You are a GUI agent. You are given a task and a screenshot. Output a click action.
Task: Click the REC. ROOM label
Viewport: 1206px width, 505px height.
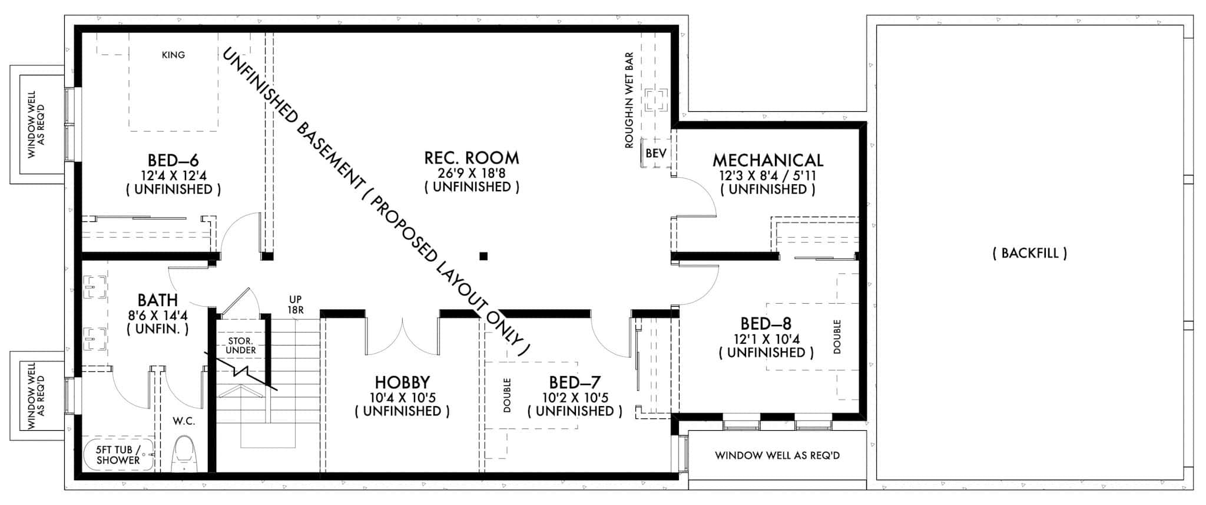[x=472, y=158]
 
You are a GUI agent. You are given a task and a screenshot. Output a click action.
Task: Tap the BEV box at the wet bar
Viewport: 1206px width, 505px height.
[x=655, y=154]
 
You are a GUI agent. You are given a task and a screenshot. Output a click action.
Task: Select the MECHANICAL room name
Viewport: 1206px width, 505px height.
[x=768, y=160]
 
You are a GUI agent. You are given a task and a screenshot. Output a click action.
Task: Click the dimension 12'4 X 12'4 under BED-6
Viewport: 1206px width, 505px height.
[x=174, y=175]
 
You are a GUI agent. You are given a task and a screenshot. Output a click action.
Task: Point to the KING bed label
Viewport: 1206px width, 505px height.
[x=173, y=55]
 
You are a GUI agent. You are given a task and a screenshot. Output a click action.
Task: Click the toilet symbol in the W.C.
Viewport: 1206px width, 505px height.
[x=184, y=453]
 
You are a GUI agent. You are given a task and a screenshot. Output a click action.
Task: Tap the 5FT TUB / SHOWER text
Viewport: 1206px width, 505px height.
[x=118, y=455]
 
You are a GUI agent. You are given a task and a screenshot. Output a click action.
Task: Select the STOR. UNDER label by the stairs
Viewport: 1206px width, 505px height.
[x=241, y=345]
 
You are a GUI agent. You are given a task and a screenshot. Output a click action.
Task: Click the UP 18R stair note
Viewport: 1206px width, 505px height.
[x=296, y=304]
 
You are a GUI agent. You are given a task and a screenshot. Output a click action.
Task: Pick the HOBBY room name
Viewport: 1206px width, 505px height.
[x=402, y=383]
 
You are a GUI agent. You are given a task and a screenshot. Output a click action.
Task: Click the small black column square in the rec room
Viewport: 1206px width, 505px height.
[x=483, y=256]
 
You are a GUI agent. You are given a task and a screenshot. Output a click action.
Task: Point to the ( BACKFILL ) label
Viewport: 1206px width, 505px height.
[x=1029, y=254]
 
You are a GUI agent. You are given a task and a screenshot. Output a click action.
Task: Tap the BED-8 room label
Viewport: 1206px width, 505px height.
[x=766, y=324]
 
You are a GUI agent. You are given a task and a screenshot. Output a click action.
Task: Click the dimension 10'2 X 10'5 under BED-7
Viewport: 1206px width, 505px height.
[x=575, y=397]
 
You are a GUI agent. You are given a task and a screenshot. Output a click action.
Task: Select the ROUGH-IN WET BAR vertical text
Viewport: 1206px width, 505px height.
[x=629, y=100]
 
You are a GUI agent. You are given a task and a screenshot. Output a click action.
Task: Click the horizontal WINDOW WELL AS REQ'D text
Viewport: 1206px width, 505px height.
[x=777, y=456]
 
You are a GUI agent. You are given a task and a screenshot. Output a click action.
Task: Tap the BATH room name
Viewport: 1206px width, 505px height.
[x=158, y=301]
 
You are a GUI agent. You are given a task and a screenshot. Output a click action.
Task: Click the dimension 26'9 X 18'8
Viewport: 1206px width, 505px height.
[x=472, y=173]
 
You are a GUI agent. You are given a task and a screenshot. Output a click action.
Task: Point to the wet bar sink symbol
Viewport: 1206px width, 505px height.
[x=655, y=99]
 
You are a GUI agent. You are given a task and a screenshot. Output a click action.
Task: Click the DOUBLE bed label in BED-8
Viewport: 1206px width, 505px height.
[x=837, y=337]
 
